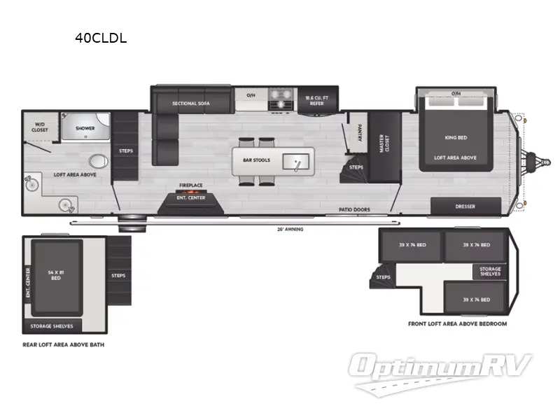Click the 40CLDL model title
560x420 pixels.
(101, 38)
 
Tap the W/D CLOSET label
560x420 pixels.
(39, 127)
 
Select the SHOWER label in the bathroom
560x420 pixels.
(85, 128)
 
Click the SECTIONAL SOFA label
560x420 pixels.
(191, 104)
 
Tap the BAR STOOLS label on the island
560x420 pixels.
(256, 160)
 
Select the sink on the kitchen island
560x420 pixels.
(297, 162)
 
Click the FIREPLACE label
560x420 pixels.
(190, 185)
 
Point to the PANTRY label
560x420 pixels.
(359, 133)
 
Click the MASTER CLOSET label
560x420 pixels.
(382, 143)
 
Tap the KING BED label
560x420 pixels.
(455, 138)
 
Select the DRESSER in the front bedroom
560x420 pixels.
(465, 206)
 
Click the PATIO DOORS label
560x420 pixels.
(355, 209)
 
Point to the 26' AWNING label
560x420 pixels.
(289, 229)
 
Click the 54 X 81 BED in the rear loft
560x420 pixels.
(55, 275)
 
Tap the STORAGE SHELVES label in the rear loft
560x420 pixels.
(52, 326)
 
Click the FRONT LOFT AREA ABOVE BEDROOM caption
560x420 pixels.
(457, 324)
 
